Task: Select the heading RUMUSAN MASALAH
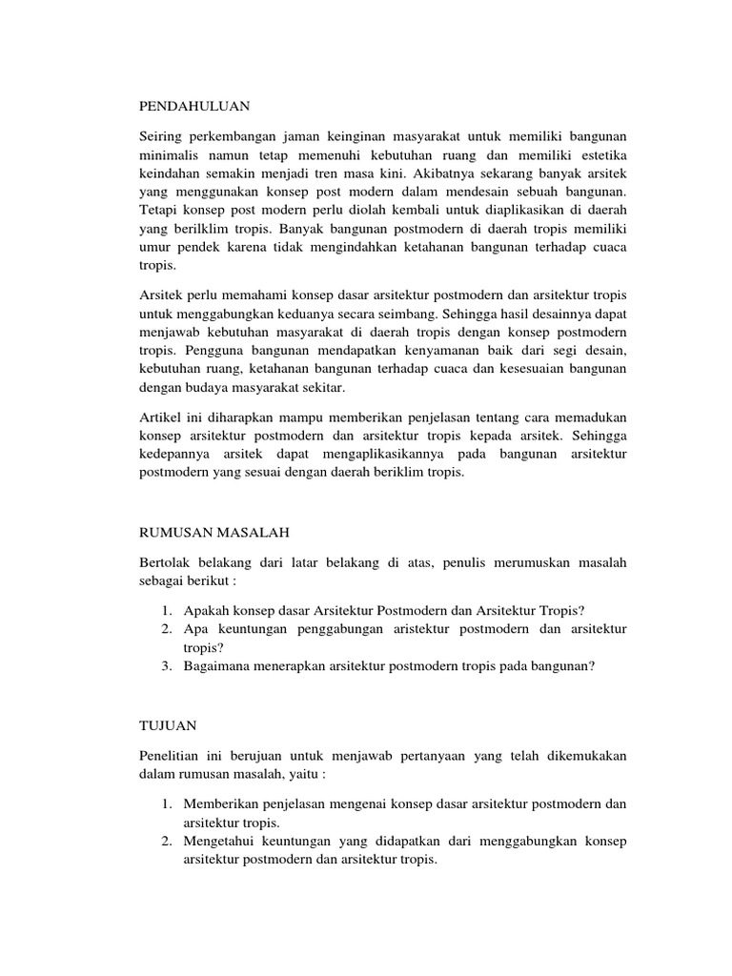[x=214, y=532]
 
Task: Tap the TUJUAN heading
[x=168, y=725]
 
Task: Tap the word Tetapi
[x=158, y=212]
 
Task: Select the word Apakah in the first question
[x=206, y=610]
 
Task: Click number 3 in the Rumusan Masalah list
[x=165, y=666]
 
